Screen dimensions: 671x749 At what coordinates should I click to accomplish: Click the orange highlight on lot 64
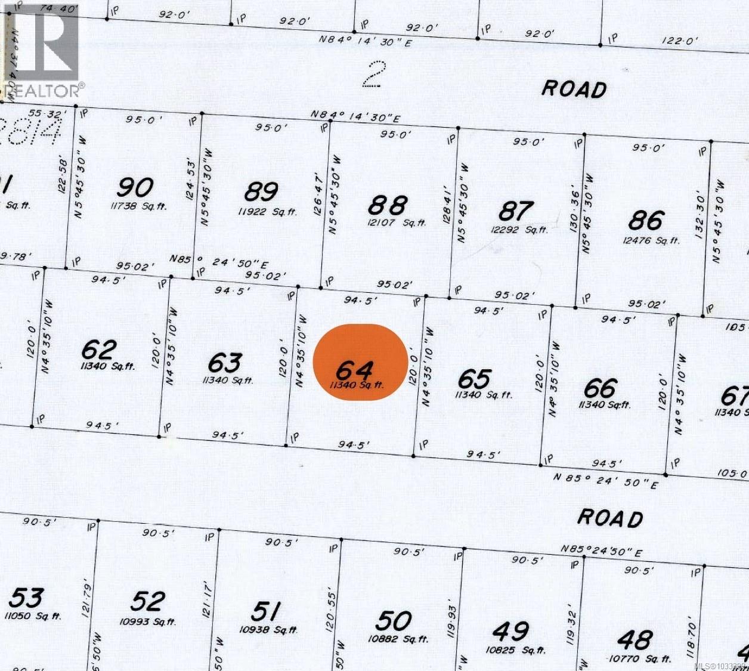(361, 362)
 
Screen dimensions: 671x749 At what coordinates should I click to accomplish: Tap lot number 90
(135, 187)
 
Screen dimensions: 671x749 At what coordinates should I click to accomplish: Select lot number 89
(261, 192)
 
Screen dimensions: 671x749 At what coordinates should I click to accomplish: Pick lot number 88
(388, 205)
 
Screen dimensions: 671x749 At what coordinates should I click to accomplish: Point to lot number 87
(516, 211)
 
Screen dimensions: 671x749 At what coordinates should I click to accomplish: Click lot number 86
(646, 221)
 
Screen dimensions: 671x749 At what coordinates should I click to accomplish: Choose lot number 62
(99, 349)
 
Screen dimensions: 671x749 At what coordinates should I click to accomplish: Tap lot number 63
(225, 362)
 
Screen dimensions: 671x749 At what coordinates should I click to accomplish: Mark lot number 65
(475, 379)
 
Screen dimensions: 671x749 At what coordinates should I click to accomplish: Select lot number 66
(601, 388)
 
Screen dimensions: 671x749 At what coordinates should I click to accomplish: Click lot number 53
(26, 597)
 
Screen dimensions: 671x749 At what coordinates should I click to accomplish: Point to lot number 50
(394, 621)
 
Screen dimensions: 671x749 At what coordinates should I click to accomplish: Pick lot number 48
(635, 640)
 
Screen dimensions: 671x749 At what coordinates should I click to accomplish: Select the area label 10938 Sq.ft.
(268, 630)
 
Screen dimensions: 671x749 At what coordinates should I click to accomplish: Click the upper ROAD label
(574, 89)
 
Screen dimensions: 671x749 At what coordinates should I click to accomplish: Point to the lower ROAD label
(610, 518)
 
